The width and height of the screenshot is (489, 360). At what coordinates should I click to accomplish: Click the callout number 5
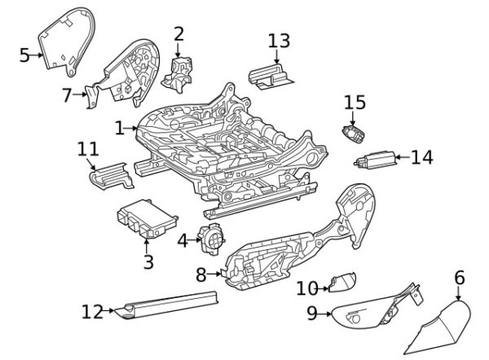(24, 55)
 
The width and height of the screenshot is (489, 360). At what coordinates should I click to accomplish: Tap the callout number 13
(278, 41)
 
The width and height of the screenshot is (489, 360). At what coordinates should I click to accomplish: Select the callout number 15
(355, 103)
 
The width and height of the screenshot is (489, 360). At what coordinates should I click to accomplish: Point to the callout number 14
(421, 157)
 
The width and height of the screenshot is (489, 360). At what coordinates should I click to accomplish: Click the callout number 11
(88, 149)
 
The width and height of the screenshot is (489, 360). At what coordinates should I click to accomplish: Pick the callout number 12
(92, 310)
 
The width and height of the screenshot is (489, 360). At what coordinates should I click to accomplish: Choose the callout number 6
(459, 279)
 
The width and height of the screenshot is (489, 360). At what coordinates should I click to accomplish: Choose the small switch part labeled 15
(355, 134)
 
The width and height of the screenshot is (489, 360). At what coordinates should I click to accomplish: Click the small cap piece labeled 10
(341, 283)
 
